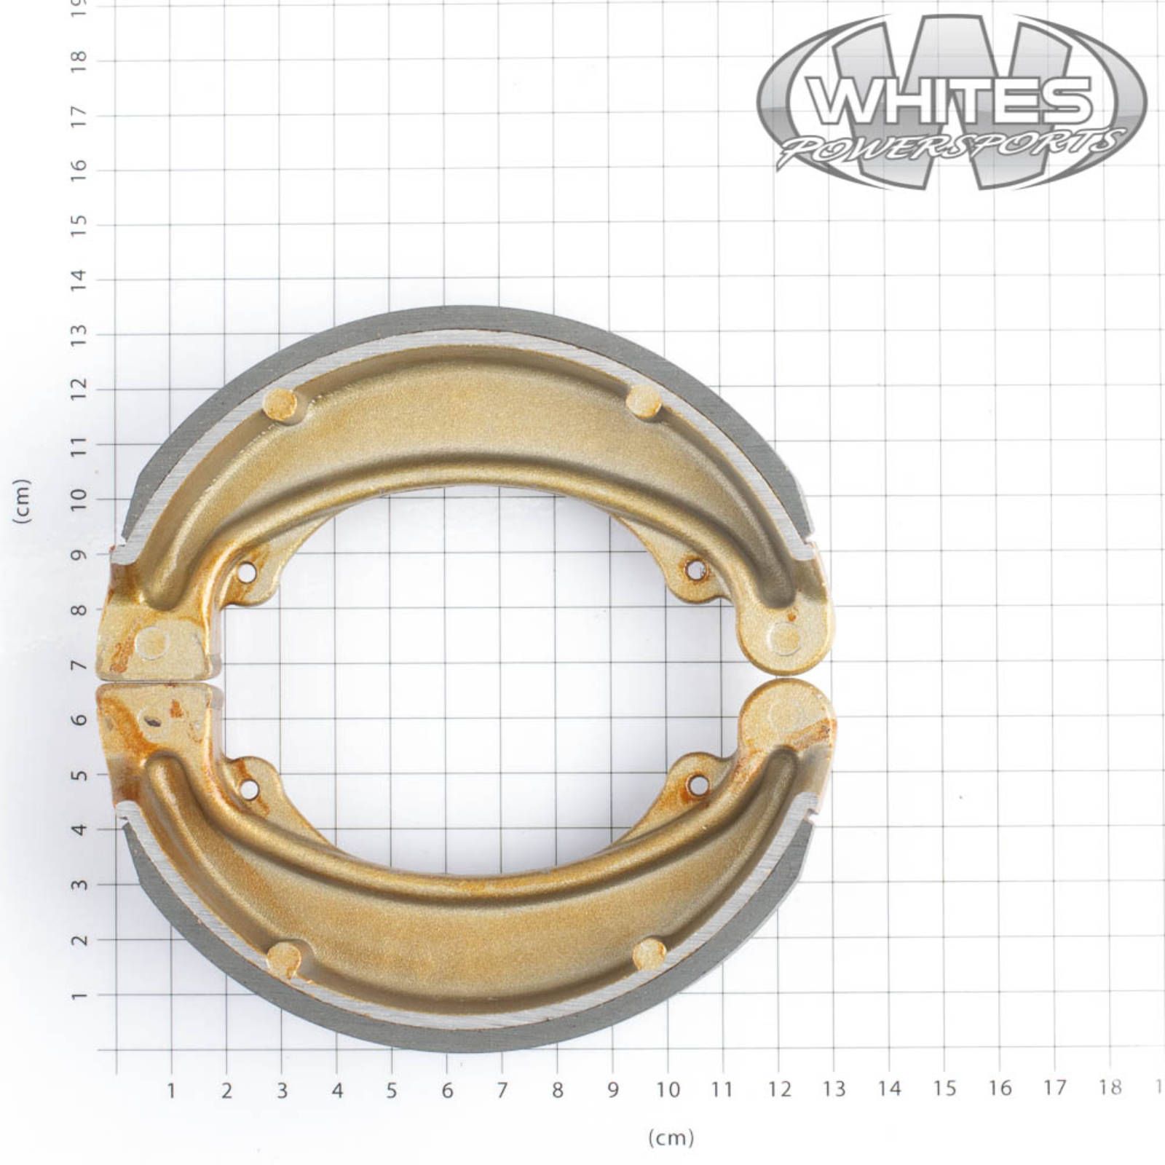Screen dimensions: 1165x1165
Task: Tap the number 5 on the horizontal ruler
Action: point(392,1090)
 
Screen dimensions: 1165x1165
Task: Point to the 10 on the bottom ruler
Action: point(668,1090)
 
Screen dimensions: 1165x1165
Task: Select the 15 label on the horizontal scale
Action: point(944,1089)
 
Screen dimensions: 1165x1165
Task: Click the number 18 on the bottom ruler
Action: point(1110,1087)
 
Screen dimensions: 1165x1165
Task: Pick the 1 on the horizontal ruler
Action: point(171,1091)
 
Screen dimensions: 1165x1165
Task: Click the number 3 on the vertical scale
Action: point(79,885)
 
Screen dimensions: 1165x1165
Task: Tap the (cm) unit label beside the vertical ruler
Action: point(23,501)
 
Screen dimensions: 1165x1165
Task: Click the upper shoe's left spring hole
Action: point(248,572)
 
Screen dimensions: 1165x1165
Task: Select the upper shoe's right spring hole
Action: point(696,569)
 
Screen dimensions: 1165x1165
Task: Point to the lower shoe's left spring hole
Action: point(249,788)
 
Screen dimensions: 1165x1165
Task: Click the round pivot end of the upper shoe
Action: point(784,636)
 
